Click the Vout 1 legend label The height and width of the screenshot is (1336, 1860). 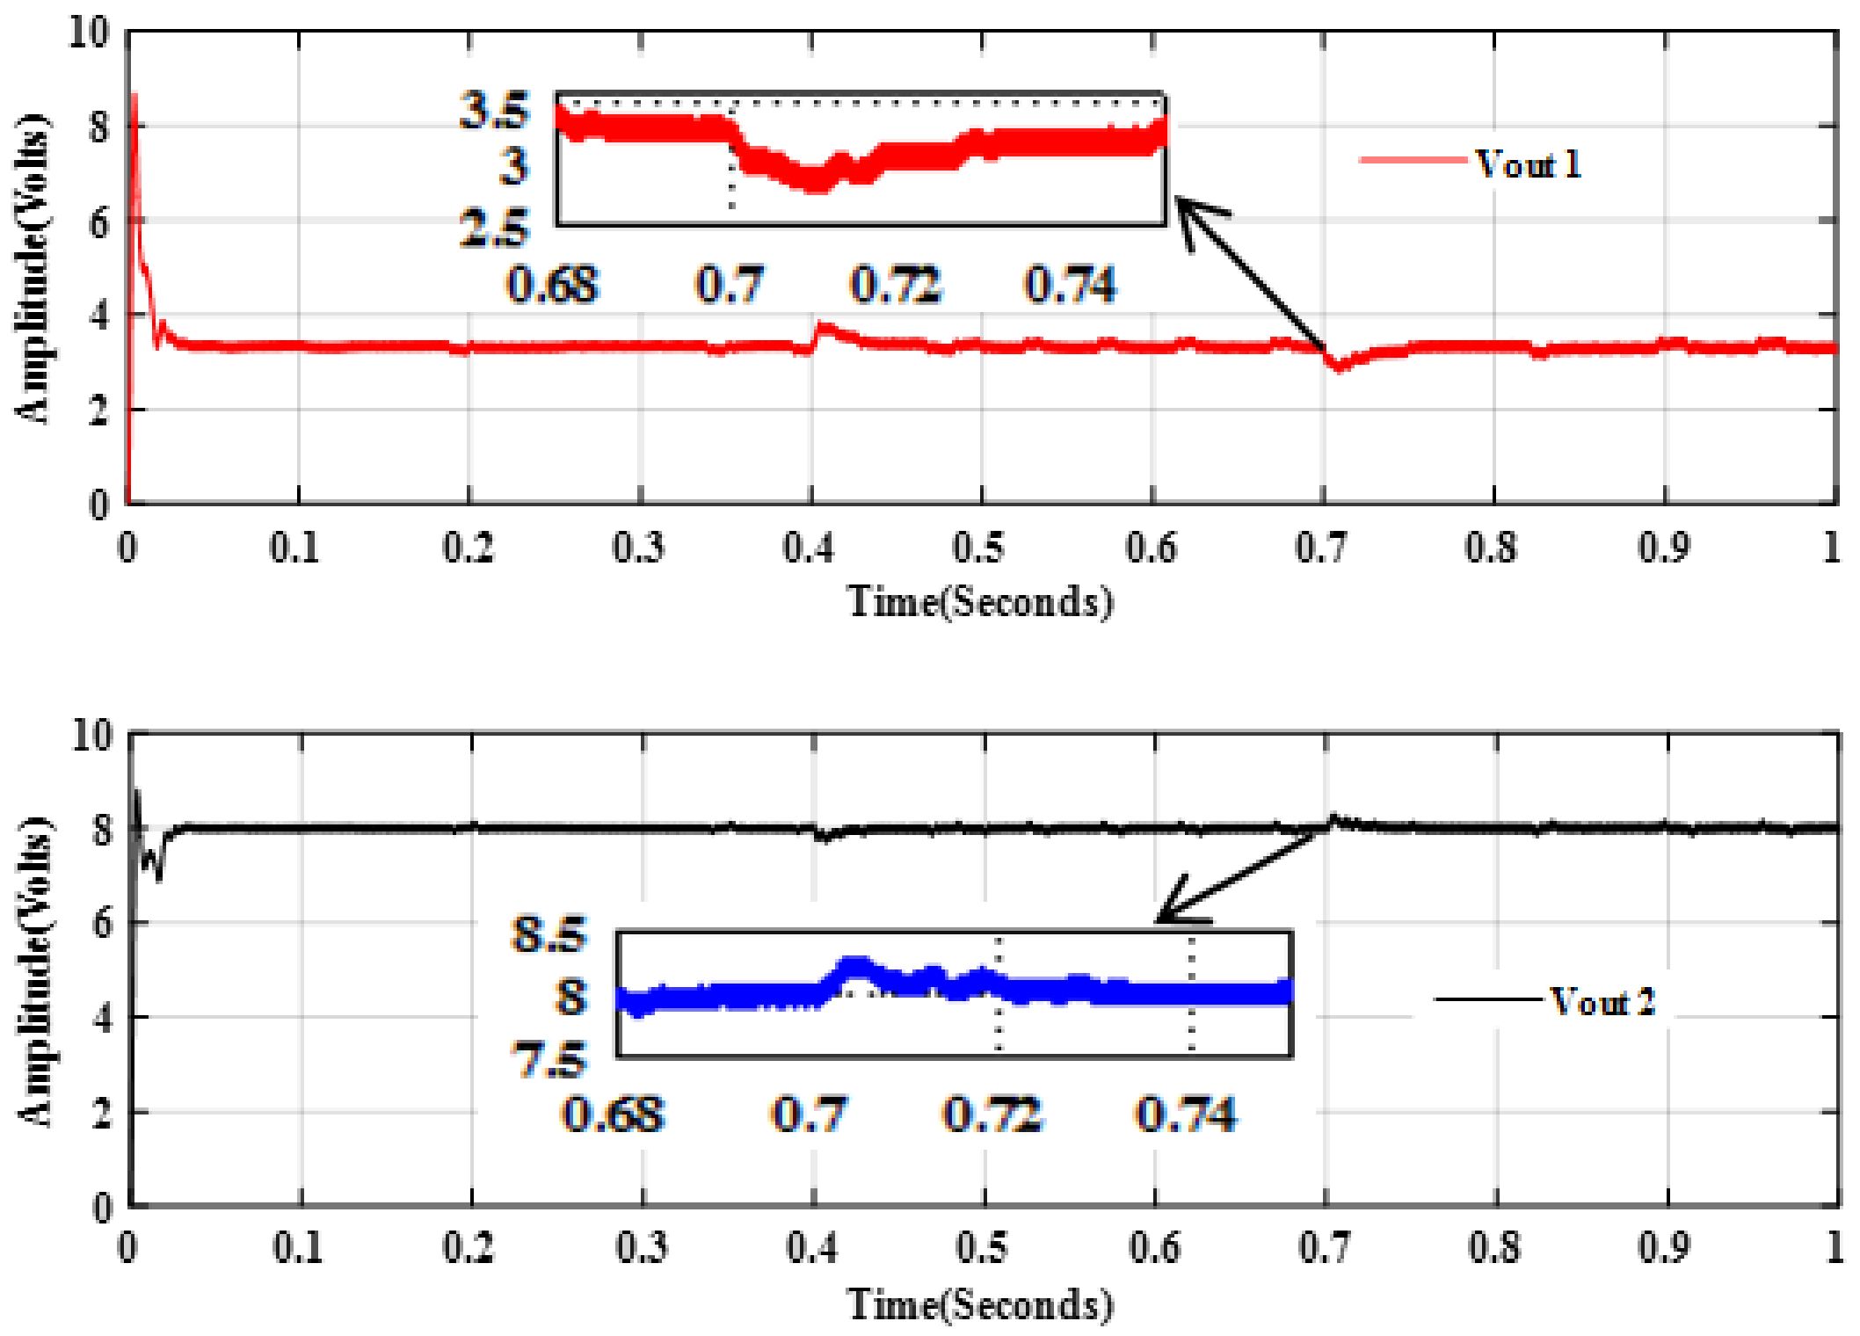1528,164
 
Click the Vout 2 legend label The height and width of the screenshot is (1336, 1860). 1602,1002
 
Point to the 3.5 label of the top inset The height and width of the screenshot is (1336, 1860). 495,111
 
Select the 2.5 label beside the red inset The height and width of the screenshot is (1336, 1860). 495,229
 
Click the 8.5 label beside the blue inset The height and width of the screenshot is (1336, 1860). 549,934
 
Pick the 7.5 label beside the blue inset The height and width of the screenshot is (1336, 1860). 549,1060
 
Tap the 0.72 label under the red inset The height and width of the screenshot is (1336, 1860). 896,285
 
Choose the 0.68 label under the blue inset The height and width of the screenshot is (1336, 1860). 613,1115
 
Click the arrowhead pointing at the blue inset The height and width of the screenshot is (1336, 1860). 1166,915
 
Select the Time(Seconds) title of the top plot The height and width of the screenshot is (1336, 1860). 980,603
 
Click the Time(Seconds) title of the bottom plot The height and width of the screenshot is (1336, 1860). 980,1304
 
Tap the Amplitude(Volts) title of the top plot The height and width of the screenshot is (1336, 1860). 33,268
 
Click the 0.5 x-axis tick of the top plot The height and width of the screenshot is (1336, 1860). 979,548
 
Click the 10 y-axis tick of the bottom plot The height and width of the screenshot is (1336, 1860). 92,735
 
